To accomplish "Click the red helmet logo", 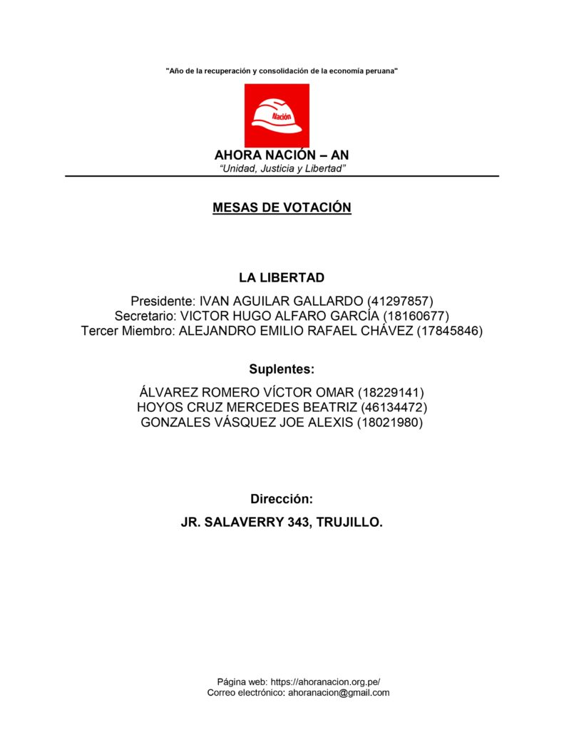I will pyautogui.click(x=277, y=115).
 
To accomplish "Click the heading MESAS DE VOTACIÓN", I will pyautogui.click(x=282, y=207).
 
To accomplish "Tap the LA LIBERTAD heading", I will pyautogui.click(x=282, y=277).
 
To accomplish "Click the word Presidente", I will pyautogui.click(x=161, y=301).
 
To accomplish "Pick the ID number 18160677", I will pyautogui.click(x=416, y=316).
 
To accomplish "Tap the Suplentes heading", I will pyautogui.click(x=282, y=369).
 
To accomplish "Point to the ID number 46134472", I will pyautogui.click(x=394, y=408).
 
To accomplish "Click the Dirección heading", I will pyautogui.click(x=282, y=499).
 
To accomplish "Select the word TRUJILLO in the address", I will pyautogui.click(x=347, y=523).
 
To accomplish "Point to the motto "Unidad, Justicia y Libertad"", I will pyautogui.click(x=282, y=168).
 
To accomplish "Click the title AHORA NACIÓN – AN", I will pyautogui.click(x=282, y=155).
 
